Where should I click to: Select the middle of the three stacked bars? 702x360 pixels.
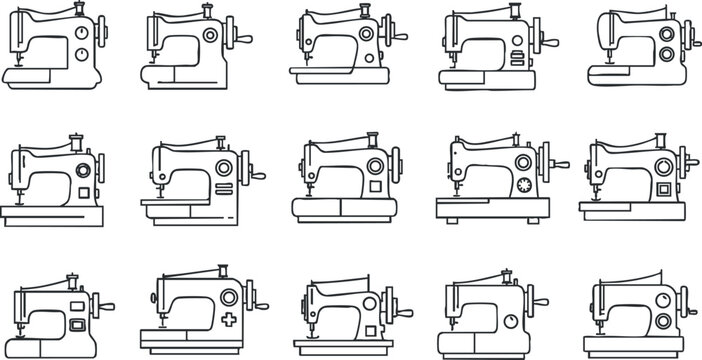pyautogui.click(x=516, y=56)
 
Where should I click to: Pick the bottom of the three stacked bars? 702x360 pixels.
pyautogui.click(x=516, y=62)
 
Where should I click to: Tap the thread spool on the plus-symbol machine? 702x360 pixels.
pyautogui.click(x=221, y=271)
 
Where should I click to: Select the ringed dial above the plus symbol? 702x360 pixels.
pyautogui.click(x=229, y=297)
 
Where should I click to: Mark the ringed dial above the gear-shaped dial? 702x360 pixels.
pyautogui.click(x=522, y=162)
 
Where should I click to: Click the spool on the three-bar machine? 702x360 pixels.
pyautogui.click(x=516, y=13)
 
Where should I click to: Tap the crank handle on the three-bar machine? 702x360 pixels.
pyautogui.click(x=549, y=43)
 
